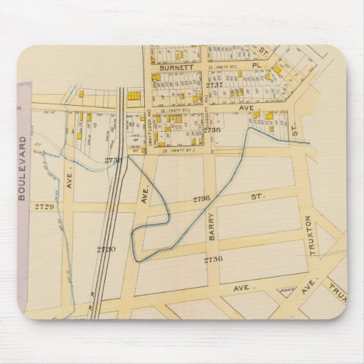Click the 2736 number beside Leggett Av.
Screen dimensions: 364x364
click(x=212, y=129)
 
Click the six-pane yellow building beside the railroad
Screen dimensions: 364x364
click(x=133, y=98)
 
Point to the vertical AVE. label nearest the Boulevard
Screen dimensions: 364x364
click(x=69, y=179)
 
